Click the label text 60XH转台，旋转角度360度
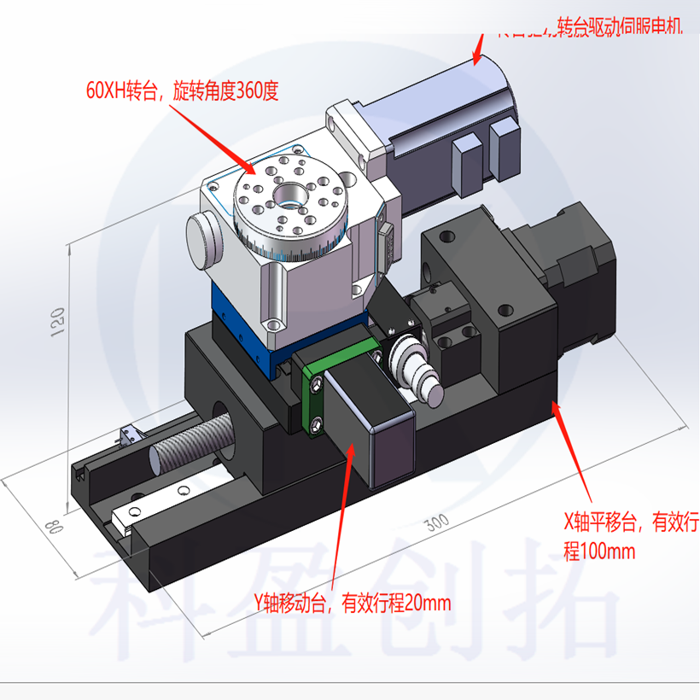[182, 91]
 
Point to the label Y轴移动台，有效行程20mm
[351, 604]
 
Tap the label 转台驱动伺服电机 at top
[619, 27]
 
